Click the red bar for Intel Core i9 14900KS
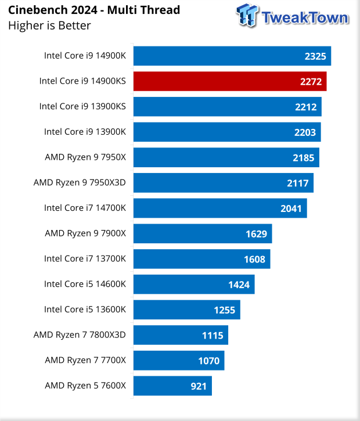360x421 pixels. click(230, 81)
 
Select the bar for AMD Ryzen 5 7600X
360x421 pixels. click(172, 386)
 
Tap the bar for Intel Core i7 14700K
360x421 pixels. click(220, 208)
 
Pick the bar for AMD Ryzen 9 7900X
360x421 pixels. click(203, 233)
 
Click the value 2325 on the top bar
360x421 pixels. click(316, 57)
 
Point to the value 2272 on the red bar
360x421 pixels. click(311, 82)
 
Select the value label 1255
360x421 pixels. click(224, 310)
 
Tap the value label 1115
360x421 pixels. click(212, 335)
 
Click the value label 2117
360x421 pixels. click(298, 183)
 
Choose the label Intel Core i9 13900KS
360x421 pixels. click(82, 106)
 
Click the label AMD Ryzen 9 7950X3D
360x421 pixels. click(79, 182)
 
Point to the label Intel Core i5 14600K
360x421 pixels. click(84, 284)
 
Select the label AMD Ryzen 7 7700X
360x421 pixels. click(85, 360)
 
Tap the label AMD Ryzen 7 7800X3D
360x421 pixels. click(79, 334)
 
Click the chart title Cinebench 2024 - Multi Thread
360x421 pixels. click(93, 10)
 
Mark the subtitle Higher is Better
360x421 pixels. click(49, 25)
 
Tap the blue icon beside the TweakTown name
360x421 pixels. click(247, 16)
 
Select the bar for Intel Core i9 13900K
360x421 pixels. click(227, 132)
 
